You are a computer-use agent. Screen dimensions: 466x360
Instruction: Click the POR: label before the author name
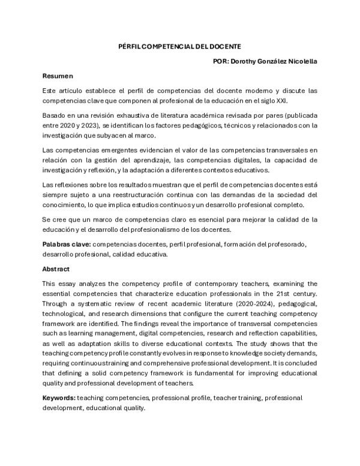[x=222, y=61]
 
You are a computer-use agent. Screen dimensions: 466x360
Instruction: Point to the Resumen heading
[x=58, y=76]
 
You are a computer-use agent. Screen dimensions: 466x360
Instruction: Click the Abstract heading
[x=56, y=268]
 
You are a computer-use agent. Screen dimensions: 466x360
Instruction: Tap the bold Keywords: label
[x=59, y=398]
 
